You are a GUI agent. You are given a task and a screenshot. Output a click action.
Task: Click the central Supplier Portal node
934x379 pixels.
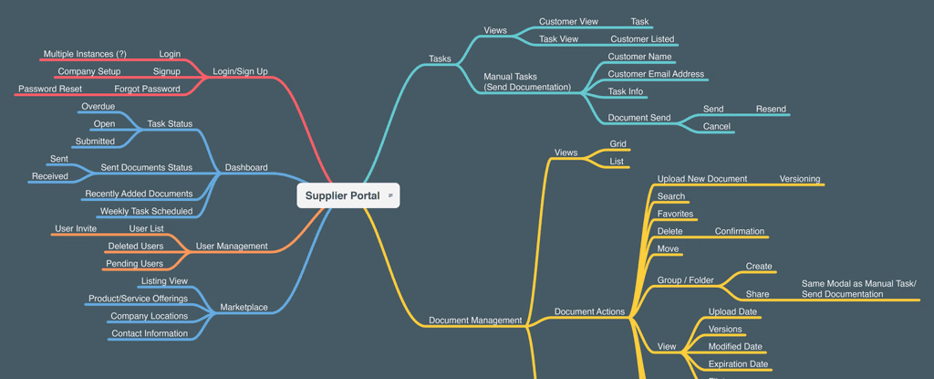coord(342,195)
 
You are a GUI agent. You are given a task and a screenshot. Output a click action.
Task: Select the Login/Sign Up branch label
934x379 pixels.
coord(240,71)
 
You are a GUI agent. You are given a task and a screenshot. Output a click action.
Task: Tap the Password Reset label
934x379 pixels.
coord(50,89)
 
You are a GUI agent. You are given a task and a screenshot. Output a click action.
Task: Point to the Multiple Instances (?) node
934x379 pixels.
coord(85,54)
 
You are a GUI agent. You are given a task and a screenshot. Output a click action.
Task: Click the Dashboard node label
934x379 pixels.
coord(246,167)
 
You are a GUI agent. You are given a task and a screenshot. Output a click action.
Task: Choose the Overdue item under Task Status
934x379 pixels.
coord(99,106)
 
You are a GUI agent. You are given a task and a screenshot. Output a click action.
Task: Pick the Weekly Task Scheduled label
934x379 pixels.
coord(146,211)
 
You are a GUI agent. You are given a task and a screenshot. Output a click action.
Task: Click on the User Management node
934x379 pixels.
coord(232,246)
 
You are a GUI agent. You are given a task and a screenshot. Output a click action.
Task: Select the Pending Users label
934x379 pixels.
coord(136,263)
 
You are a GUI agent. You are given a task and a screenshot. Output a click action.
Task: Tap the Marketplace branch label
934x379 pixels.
coord(244,307)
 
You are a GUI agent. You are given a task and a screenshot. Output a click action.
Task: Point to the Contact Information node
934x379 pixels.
coord(150,333)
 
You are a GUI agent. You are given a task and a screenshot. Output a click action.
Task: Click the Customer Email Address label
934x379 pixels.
coord(656,74)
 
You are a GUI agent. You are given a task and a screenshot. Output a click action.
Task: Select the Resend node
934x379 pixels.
coord(771,109)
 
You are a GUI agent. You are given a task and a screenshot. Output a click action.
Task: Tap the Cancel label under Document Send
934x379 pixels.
coord(717,126)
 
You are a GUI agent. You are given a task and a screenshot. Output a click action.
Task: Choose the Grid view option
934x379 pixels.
coord(617,143)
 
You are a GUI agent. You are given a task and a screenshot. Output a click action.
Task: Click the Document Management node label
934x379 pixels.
coord(475,320)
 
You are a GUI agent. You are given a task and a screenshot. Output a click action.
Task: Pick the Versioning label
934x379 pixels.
coord(800,178)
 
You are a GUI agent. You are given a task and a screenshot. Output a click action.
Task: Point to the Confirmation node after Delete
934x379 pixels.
coord(740,231)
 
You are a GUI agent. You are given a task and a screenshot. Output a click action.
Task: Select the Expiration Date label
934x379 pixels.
coord(738,363)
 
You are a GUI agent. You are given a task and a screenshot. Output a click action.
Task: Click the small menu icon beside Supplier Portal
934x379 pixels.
coord(390,195)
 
